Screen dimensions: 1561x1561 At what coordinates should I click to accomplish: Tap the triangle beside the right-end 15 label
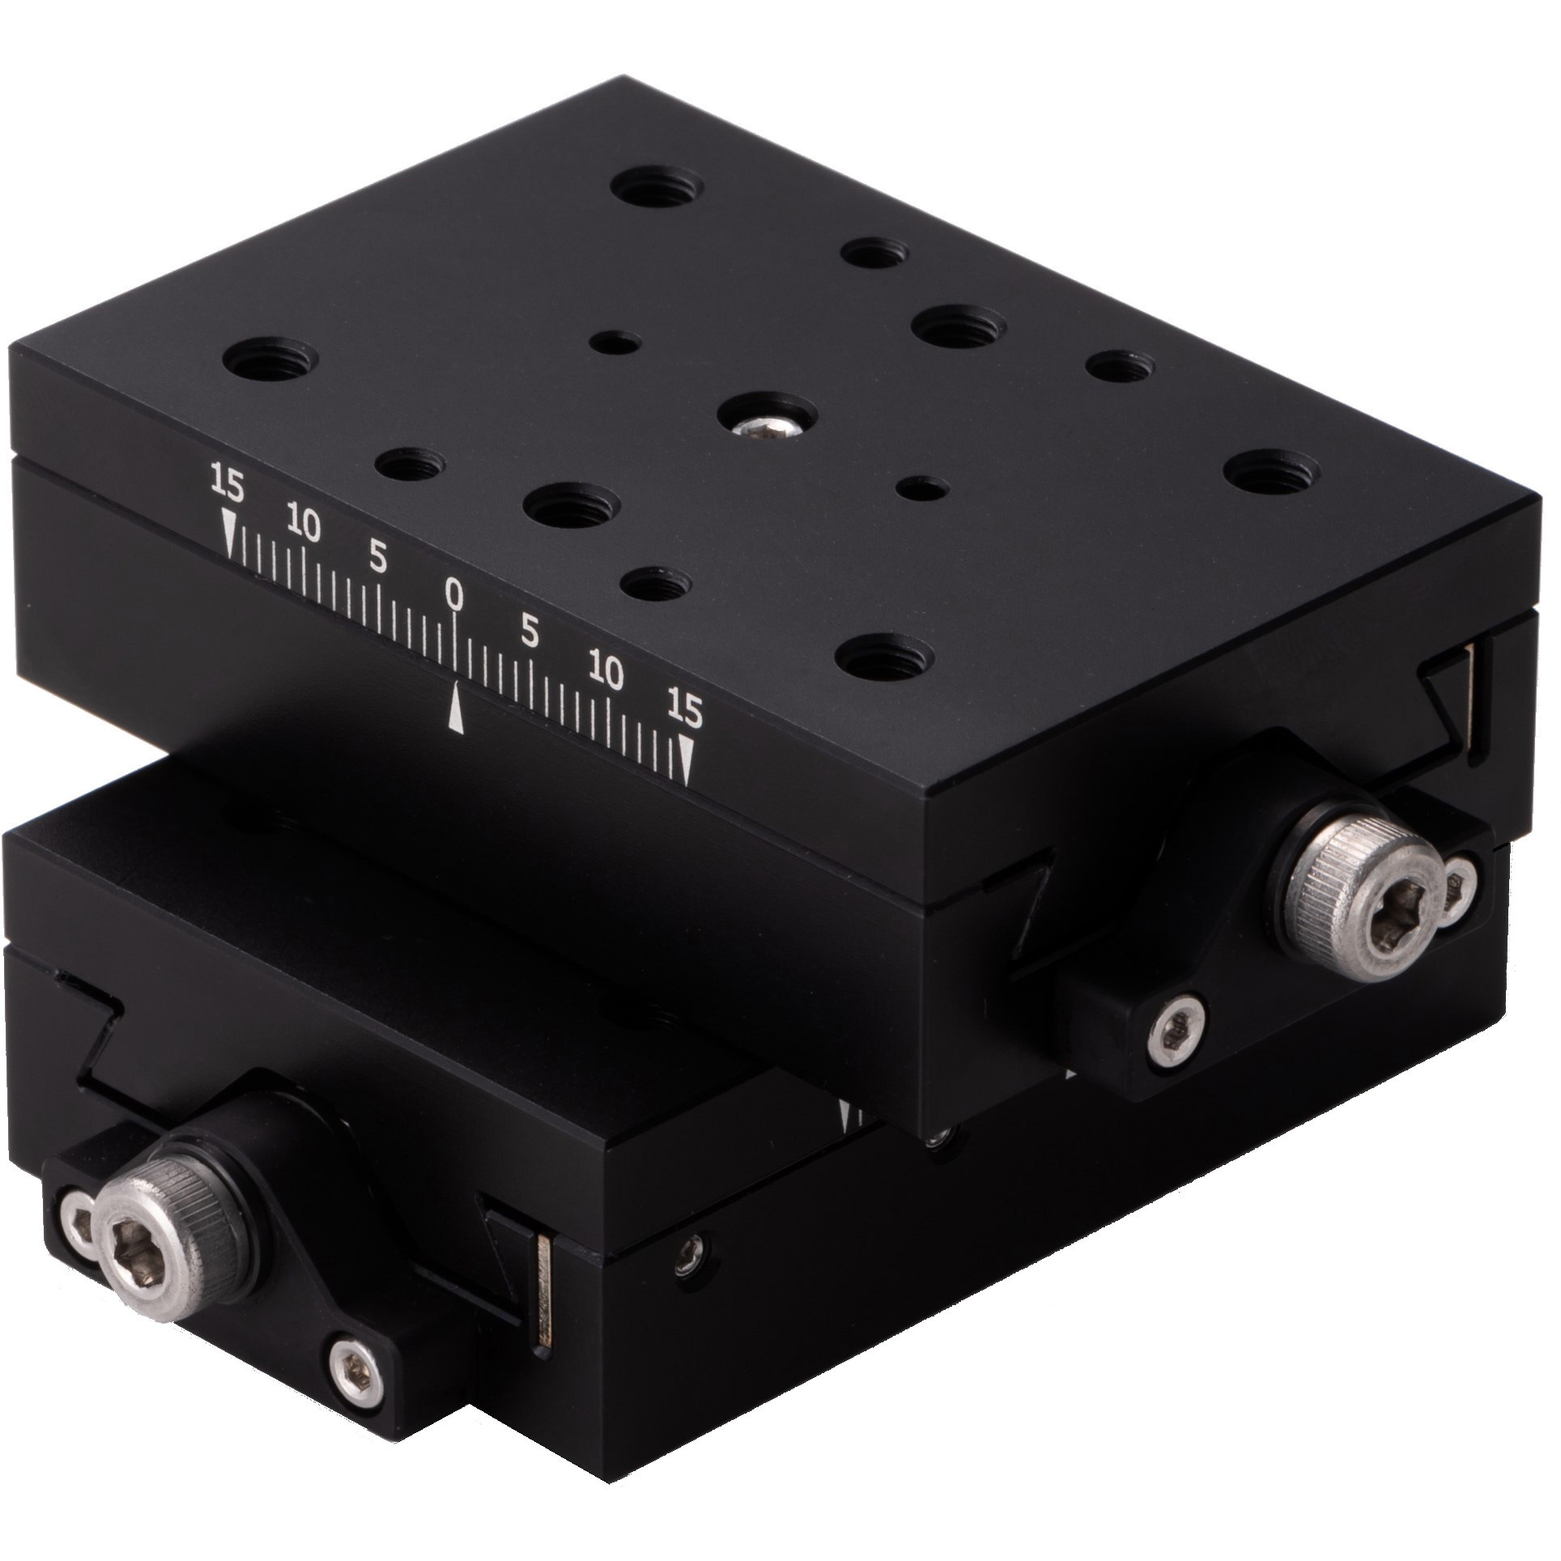(687, 760)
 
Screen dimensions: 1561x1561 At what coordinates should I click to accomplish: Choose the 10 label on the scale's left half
(304, 526)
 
